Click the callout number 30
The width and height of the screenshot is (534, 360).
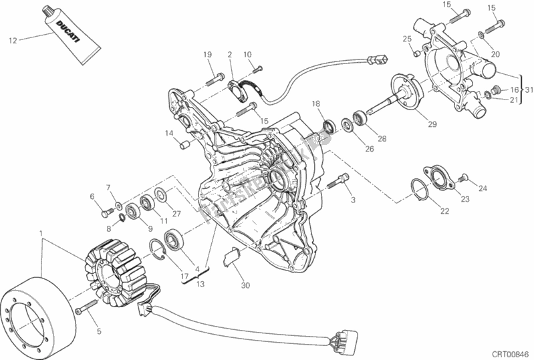click(x=245, y=286)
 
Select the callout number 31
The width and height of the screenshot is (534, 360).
click(x=528, y=90)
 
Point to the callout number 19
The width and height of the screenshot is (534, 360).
click(x=207, y=54)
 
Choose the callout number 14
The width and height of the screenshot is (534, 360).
click(x=170, y=133)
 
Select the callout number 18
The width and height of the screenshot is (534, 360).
click(x=316, y=104)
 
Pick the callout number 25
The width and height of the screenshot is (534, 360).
click(x=406, y=39)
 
